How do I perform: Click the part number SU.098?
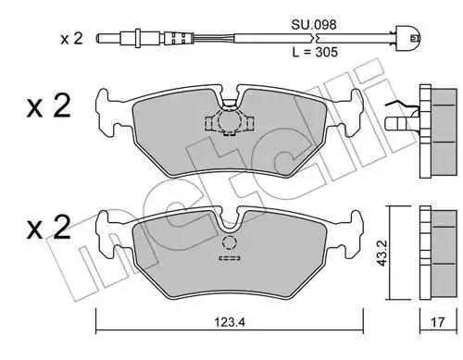coord(314,25)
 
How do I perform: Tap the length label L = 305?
coord(315,52)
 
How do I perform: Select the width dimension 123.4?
coord(230,322)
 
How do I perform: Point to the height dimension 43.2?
coord(382,254)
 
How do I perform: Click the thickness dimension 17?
coord(437,322)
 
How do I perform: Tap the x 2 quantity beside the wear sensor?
coord(71,39)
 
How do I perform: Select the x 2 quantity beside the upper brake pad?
coord(49,106)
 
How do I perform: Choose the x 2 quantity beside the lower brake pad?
coord(49,228)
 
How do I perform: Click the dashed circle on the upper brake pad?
coord(229,120)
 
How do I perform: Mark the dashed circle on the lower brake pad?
coord(229,242)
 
